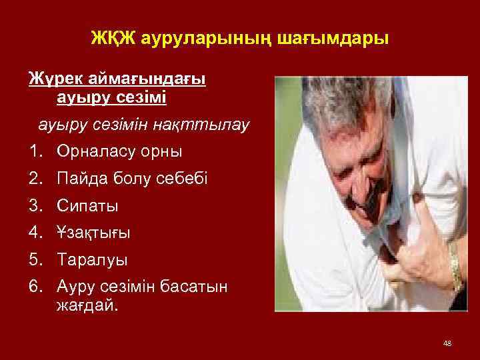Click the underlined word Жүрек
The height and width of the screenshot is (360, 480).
pos(53,79)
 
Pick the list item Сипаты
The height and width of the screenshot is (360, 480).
pos(87,205)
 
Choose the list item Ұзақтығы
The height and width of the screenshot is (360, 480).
pos(93,233)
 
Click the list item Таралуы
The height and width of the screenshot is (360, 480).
pos(91,259)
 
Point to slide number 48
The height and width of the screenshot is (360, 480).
pos(447,343)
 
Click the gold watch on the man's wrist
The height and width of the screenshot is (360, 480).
pos(455,267)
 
